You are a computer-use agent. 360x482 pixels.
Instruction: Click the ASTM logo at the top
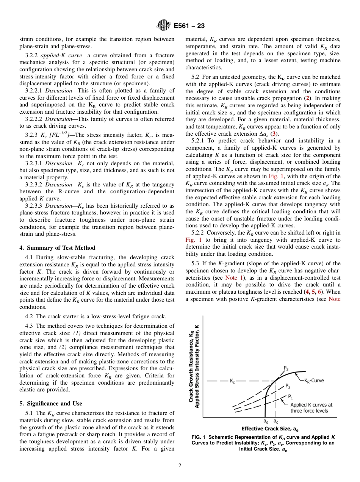coord(163,26)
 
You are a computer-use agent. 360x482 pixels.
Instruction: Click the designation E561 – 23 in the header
coord(189,26)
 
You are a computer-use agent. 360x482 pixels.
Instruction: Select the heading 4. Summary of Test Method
coord(57,247)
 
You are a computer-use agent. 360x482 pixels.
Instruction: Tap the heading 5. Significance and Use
coord(50,403)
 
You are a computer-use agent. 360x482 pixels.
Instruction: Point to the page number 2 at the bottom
coord(180,466)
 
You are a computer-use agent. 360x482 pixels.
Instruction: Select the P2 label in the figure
coord(288,387)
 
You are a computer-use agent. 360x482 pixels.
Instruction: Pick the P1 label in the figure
coord(290,397)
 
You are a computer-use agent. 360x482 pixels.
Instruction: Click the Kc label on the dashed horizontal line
coord(232,381)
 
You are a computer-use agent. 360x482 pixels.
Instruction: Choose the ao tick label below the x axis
coord(266,421)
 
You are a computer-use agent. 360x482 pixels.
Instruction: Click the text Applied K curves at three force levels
coord(311,408)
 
